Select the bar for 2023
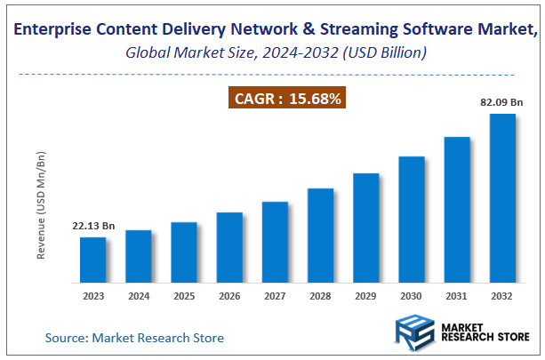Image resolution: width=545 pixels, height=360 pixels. (92, 260)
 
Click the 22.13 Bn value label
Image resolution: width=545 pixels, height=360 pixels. (93, 226)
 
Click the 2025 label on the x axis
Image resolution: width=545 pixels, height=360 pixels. (184, 295)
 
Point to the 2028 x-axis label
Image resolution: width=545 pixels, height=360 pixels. (321, 295)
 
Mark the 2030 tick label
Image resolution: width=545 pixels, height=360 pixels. (412, 295)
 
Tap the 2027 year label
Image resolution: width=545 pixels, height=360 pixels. (275, 295)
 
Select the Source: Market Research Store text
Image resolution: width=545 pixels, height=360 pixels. (134, 338)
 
